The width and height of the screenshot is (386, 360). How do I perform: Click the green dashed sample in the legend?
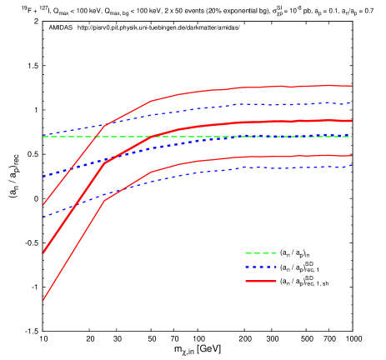tap(260, 253)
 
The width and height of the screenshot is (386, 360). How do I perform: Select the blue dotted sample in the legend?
tap(260, 267)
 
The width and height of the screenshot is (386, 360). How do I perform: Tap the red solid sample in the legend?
tap(260, 282)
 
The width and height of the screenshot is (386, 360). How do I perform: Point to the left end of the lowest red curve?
tap(43, 300)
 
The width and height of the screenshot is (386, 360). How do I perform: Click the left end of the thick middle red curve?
tap(43, 252)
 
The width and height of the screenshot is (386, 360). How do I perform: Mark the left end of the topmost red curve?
tap(43, 205)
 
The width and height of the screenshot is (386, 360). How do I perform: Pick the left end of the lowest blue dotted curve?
tap(43, 217)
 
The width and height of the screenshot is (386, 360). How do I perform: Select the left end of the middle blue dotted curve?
tap(43, 177)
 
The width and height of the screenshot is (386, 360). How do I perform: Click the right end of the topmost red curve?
tap(352, 86)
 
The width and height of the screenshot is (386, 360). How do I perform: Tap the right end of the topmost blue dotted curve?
tap(352, 103)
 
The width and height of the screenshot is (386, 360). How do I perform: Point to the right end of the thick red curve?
tap(352, 121)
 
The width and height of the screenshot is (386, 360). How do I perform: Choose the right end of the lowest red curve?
tap(352, 156)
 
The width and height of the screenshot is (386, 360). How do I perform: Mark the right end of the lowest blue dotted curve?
tap(352, 166)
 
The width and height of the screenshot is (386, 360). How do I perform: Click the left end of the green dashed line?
tap(43, 137)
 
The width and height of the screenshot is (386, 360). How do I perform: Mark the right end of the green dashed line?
tap(352, 137)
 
